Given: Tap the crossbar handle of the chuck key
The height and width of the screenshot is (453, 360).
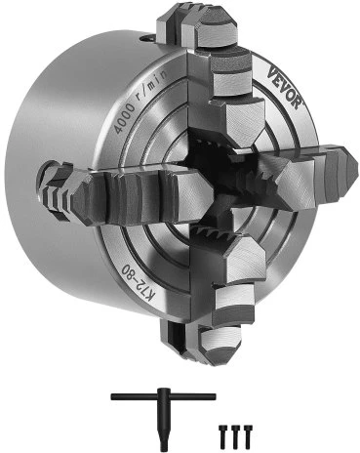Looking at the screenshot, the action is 163,396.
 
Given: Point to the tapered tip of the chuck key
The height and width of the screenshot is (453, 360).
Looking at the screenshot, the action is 163,441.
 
